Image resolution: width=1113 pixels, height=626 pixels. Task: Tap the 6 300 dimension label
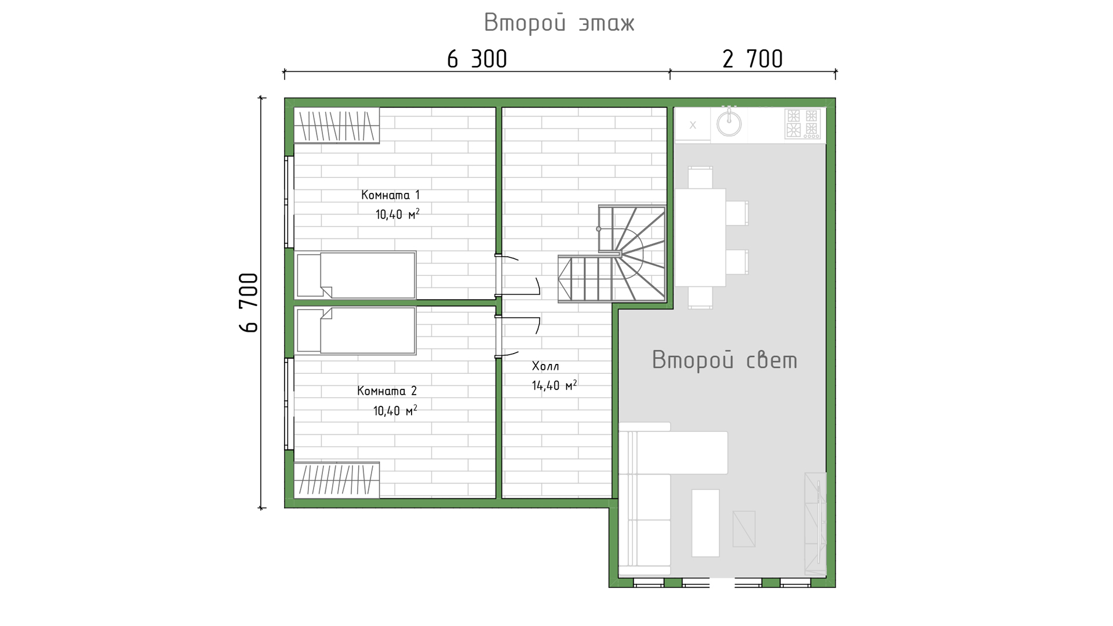(x=477, y=59)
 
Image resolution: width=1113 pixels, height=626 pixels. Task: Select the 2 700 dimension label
(x=752, y=59)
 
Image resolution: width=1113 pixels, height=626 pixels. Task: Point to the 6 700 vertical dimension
(x=248, y=302)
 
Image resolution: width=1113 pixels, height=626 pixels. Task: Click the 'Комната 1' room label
(x=390, y=195)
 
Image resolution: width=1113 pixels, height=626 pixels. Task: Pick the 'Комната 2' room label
(x=387, y=391)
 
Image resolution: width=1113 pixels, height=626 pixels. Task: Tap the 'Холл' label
(x=545, y=366)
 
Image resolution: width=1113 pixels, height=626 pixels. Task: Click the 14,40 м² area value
(x=554, y=385)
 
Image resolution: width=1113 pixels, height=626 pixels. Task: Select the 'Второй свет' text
(x=725, y=360)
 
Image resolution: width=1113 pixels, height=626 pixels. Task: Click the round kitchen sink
(x=729, y=123)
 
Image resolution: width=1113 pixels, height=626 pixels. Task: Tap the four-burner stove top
(x=803, y=124)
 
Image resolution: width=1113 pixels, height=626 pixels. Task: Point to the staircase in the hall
(x=612, y=254)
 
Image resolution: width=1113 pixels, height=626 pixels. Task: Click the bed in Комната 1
(x=355, y=275)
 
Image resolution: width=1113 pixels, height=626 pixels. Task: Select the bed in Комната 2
(x=355, y=330)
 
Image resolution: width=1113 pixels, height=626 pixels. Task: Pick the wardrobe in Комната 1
(x=337, y=125)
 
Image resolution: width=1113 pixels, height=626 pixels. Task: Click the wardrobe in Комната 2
(x=337, y=480)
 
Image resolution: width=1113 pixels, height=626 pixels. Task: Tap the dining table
(x=700, y=237)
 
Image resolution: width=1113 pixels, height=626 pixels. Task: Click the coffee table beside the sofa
(x=705, y=523)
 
